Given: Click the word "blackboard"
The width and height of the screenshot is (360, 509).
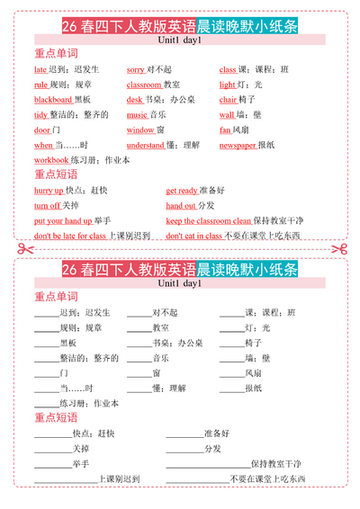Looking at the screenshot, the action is point(53,100).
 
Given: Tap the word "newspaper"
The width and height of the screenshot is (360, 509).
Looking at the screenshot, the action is point(238,145).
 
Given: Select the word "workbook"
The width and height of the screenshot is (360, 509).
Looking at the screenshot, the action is point(51,160).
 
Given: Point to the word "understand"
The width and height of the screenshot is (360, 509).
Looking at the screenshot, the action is point(145,145).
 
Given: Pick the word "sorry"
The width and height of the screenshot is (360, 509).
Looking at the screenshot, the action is point(136,69).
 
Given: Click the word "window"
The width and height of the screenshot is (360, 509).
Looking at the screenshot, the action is point(140,129).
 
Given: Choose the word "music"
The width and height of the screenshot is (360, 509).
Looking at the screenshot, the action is point(137,115).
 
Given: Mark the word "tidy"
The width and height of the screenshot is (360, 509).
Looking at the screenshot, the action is point(41,115).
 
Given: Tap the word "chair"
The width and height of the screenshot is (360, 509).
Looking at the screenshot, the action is point(229,100).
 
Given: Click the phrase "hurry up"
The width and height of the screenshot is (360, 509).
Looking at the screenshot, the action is point(49,191).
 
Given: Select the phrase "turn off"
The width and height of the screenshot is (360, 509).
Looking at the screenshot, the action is point(48,206).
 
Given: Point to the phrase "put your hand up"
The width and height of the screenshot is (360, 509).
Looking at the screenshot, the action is point(63,220).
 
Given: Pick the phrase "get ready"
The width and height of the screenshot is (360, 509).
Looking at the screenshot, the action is point(182,191).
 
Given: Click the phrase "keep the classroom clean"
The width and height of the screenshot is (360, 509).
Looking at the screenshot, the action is point(209,220).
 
